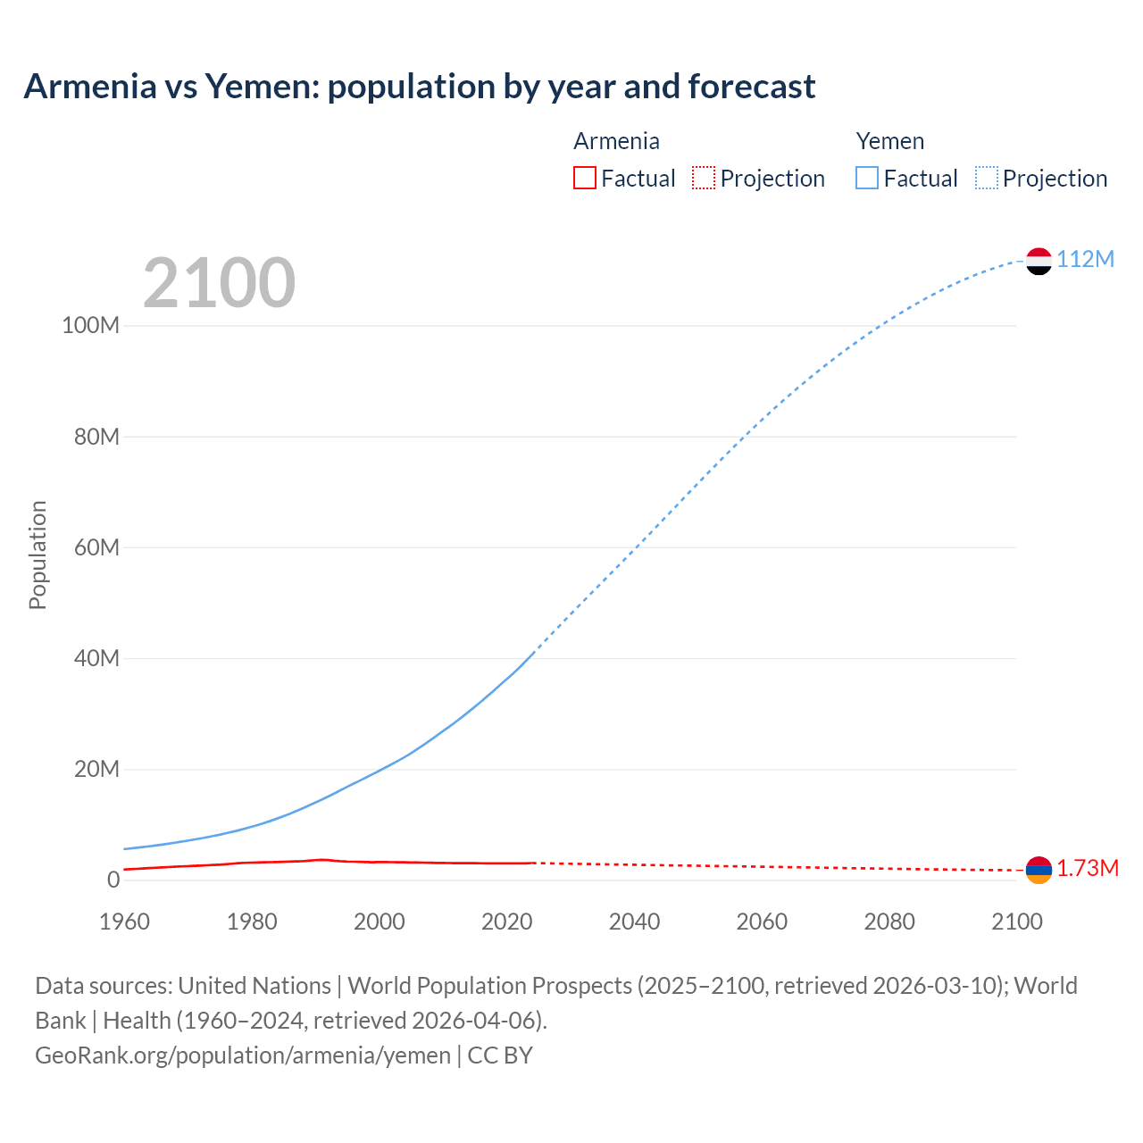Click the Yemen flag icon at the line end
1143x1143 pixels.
[x=1039, y=261]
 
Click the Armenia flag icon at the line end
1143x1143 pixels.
[x=1039, y=870]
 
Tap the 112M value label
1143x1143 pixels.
[x=1085, y=260]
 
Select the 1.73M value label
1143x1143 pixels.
[x=1088, y=869]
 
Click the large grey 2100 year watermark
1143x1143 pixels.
[x=219, y=283]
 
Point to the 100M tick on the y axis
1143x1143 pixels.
[x=90, y=326]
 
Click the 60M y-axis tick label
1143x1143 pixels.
[x=96, y=547]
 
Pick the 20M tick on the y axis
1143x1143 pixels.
[x=96, y=769]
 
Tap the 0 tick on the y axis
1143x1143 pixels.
[x=113, y=880]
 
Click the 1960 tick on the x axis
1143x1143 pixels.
[x=124, y=922]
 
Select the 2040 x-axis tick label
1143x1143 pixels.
[x=634, y=922]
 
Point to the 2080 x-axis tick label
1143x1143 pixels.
[x=889, y=922]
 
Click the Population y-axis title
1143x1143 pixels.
[x=38, y=555]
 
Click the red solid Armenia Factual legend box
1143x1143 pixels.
[x=584, y=179]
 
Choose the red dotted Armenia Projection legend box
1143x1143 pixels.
[x=704, y=179]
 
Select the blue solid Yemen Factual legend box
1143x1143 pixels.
[x=867, y=179]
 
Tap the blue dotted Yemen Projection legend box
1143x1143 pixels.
[x=987, y=179]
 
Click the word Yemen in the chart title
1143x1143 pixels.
[x=261, y=87]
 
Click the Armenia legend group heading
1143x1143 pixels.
[x=616, y=141]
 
